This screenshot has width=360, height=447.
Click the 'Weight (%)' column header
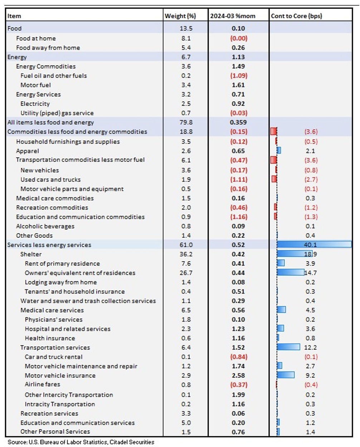(180, 16)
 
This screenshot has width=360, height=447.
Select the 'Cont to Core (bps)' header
(296, 16)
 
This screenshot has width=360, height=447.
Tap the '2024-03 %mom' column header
(233, 16)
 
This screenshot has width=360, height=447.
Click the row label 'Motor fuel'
(35, 85)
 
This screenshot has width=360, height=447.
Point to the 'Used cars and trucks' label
(50, 179)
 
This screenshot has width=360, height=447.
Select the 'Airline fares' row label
(42, 384)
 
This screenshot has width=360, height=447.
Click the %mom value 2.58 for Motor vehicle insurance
(238, 375)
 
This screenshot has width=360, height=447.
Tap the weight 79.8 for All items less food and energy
(186, 122)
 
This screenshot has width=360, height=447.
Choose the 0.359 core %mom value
(238, 122)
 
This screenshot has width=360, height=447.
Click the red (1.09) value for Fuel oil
(239, 76)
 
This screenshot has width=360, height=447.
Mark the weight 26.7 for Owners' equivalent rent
(186, 273)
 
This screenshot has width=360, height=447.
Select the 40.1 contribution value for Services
(310, 245)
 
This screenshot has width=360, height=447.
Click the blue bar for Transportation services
(288, 347)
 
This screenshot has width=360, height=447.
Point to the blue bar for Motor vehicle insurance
(286, 375)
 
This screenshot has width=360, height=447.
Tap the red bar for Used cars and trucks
(274, 179)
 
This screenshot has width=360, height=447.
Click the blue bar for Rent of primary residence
(281, 263)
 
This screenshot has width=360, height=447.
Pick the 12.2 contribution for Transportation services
(310, 347)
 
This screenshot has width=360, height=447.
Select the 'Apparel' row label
(28, 151)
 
